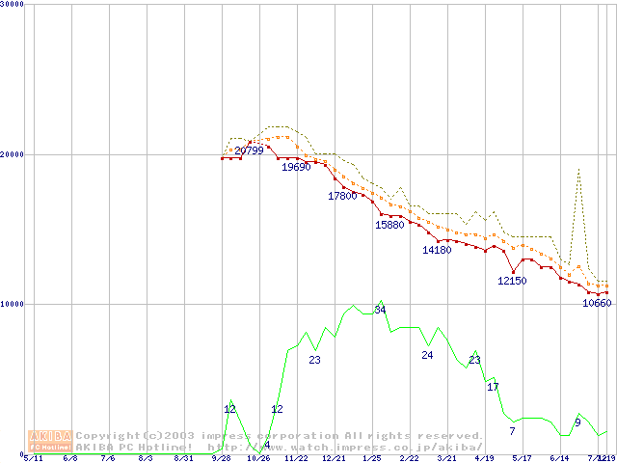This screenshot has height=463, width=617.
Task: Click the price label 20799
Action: (x=249, y=150)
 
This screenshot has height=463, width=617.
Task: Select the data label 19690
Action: (x=296, y=167)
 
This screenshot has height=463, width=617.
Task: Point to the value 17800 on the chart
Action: (x=342, y=196)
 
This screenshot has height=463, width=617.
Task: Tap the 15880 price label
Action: (x=389, y=225)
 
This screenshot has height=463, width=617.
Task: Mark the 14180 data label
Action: (x=437, y=251)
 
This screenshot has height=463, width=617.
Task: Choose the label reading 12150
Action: (x=512, y=281)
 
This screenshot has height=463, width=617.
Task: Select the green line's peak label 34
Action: (x=380, y=310)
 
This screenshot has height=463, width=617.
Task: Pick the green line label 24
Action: (x=427, y=355)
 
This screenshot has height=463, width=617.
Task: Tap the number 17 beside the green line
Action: (x=493, y=387)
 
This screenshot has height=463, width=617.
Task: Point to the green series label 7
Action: (x=512, y=431)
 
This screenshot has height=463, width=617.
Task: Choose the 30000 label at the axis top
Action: (x=13, y=5)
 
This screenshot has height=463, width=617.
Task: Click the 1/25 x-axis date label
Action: (x=371, y=459)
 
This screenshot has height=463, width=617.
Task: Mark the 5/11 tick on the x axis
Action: (x=33, y=459)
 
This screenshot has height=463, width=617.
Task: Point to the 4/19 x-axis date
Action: (x=484, y=459)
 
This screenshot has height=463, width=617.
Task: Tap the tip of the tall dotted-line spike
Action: (x=578, y=170)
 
